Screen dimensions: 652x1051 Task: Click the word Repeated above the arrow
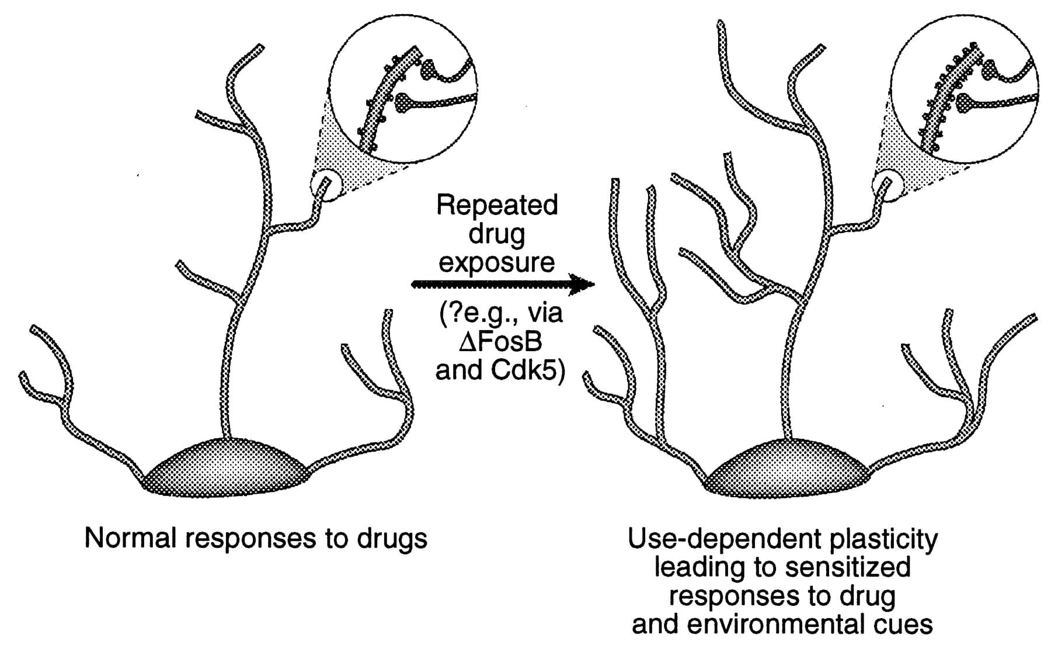coord(497,206)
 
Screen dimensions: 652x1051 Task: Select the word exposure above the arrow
coord(496,262)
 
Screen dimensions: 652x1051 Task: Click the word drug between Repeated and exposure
coord(496,234)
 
